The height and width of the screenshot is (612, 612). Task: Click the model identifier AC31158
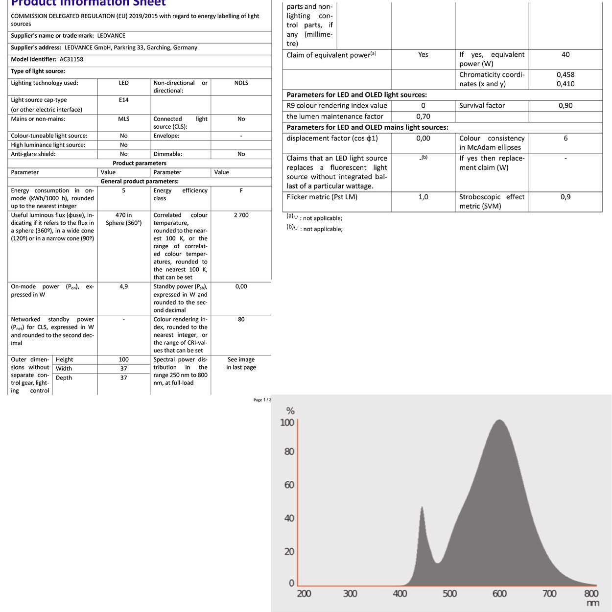pos(71,59)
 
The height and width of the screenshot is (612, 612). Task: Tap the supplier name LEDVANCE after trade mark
pos(111,36)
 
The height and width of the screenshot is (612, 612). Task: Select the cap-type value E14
pos(123,100)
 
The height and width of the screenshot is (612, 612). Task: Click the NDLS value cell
pos(241,83)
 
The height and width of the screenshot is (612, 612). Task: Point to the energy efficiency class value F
pos(241,191)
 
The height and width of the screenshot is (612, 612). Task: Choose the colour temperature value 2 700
pos(241,215)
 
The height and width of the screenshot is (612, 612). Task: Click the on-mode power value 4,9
pos(123,287)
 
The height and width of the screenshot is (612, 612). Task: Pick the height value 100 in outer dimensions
pos(123,360)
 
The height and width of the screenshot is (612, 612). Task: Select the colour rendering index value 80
pos(241,320)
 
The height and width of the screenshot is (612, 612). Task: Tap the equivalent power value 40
pos(565,55)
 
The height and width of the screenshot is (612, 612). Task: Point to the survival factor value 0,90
pos(565,106)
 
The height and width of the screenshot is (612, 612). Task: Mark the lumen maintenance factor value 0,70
pos(423,117)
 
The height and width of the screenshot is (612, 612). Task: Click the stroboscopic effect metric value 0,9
pos(565,197)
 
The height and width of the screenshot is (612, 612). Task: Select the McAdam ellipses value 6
pos(565,139)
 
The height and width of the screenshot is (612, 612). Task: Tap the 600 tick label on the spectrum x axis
pos(499,594)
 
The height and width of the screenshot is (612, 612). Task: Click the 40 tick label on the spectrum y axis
pos(289,518)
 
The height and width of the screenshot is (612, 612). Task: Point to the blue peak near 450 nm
pos(422,509)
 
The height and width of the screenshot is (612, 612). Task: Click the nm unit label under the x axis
pos(592,603)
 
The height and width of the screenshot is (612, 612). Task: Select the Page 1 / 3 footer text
pos(262,400)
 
